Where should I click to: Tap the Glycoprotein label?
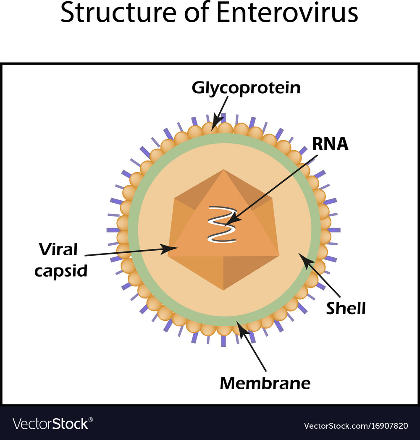[x=246, y=88]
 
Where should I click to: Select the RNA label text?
[x=330, y=144]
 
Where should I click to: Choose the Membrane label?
[x=265, y=382]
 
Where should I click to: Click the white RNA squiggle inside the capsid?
[x=222, y=225]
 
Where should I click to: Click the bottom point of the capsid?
[x=223, y=289]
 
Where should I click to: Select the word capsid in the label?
[x=61, y=271]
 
